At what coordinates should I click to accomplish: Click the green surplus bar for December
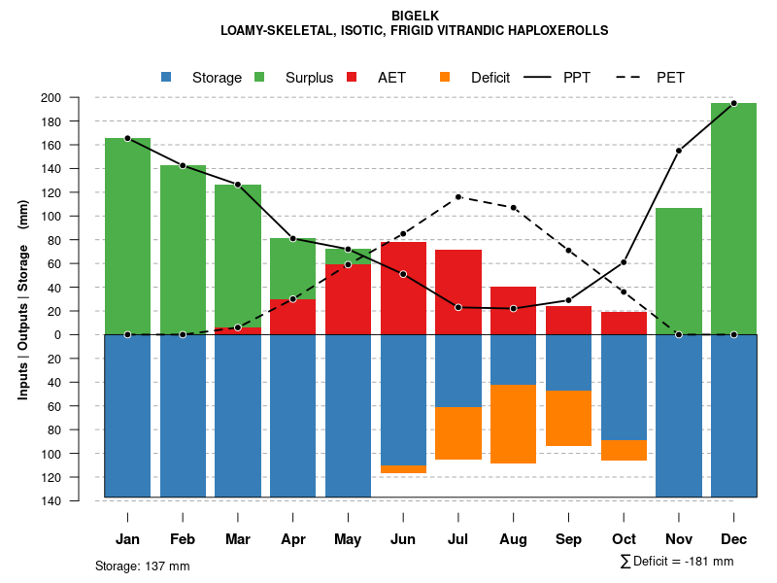[733, 219]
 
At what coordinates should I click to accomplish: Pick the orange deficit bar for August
[513, 424]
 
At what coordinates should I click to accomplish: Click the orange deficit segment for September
[568, 418]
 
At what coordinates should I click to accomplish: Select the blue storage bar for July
[458, 370]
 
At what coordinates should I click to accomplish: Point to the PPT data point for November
[679, 151]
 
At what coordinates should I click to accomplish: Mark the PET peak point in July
[458, 197]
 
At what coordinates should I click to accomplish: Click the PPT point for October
[624, 262]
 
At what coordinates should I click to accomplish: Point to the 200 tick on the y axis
[78, 97]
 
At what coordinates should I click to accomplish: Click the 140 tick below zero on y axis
[78, 501]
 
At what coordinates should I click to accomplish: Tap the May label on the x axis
[348, 539]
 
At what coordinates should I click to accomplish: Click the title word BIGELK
[415, 16]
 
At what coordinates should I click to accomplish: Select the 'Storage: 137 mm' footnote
[143, 566]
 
